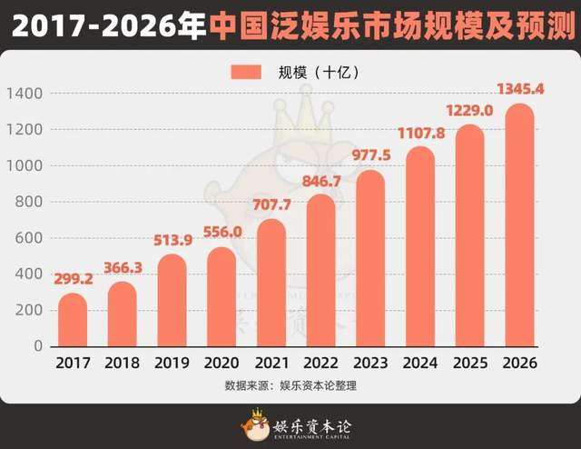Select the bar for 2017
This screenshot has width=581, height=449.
(73, 320)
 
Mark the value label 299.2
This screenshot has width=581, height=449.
(73, 280)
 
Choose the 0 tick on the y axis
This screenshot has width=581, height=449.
(37, 346)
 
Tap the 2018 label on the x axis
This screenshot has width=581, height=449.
(123, 364)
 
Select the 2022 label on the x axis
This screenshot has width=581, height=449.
(320, 364)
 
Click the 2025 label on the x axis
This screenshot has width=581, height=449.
(469, 364)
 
